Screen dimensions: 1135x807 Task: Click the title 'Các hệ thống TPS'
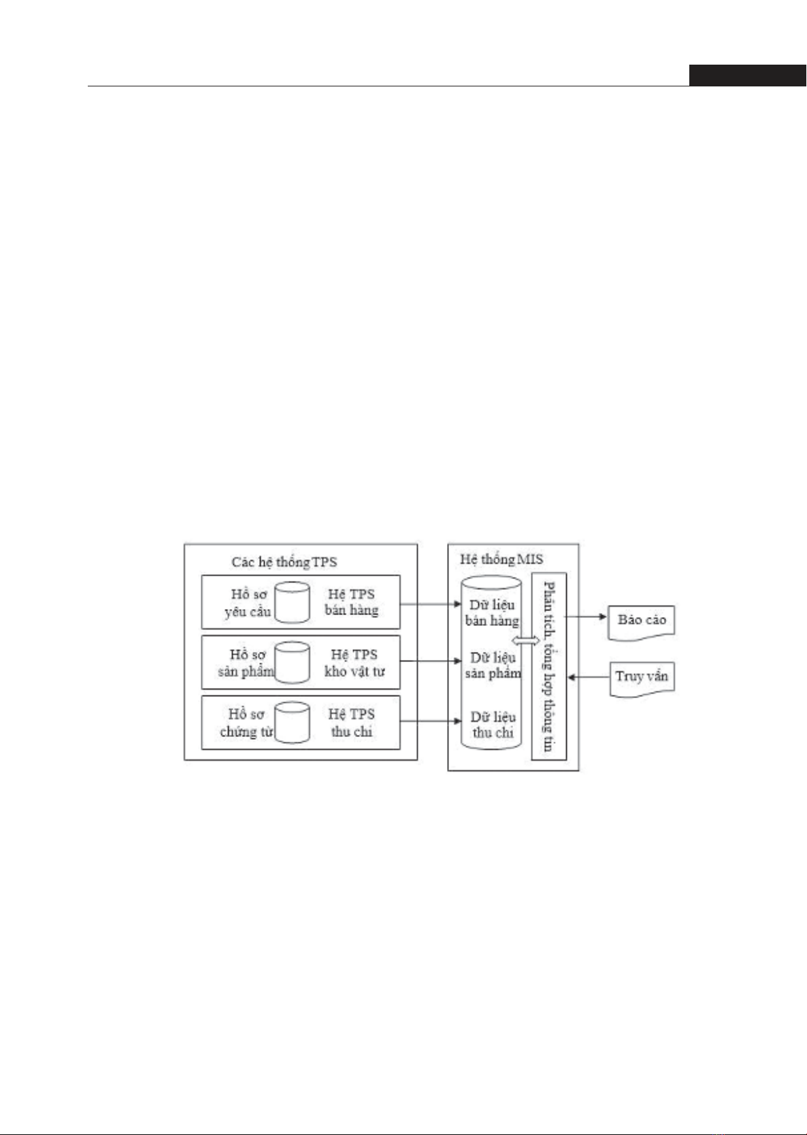point(284,561)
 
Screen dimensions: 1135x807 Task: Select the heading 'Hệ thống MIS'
point(501,559)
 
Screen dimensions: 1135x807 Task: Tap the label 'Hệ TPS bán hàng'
point(351,602)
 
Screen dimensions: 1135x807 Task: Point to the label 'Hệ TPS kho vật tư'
point(354,663)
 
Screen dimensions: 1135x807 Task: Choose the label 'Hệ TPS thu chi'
point(351,723)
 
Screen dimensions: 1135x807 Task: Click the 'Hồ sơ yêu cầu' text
point(248,602)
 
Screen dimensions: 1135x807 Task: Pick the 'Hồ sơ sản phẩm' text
point(246,663)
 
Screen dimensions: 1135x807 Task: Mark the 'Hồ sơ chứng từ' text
point(246,723)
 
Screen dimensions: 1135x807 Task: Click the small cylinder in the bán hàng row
point(293,602)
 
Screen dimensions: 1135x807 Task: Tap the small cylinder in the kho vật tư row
point(293,662)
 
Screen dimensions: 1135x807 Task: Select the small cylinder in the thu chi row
point(293,722)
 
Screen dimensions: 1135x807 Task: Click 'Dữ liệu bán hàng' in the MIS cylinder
point(492,612)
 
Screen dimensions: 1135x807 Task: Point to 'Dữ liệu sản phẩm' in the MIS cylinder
point(493,665)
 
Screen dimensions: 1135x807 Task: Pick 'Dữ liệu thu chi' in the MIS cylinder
point(493,725)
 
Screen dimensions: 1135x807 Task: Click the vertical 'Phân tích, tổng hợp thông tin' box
point(548,666)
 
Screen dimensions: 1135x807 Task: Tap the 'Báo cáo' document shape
point(641,621)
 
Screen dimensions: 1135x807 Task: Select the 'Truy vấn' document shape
point(641,678)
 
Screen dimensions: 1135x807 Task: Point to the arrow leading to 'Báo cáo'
point(586,617)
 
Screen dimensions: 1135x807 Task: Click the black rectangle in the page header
point(746,75)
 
